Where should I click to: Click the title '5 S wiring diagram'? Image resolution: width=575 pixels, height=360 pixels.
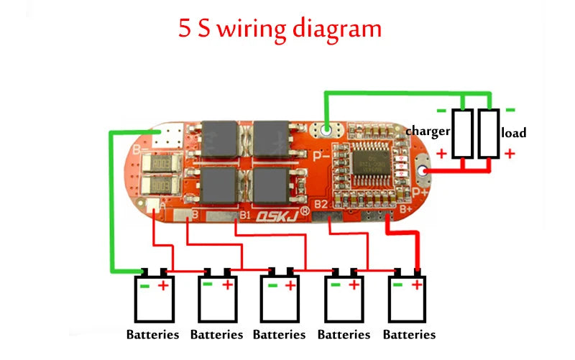pyautogui.click(x=280, y=29)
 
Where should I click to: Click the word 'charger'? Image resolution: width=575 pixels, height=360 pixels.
pyautogui.click(x=428, y=131)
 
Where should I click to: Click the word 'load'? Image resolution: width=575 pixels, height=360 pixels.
pyautogui.click(x=514, y=133)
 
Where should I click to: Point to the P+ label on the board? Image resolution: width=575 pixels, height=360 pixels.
pyautogui.click(x=420, y=192)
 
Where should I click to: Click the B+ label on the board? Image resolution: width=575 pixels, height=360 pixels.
pyautogui.click(x=405, y=209)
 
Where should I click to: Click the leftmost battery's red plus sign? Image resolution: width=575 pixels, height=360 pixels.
pyautogui.click(x=163, y=286)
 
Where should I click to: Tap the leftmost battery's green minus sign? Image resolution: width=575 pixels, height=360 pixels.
pyautogui.click(x=144, y=286)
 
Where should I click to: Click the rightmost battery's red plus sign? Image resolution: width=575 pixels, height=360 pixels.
pyautogui.click(x=416, y=285)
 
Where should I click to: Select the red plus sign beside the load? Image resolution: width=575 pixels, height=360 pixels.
pyautogui.click(x=510, y=153)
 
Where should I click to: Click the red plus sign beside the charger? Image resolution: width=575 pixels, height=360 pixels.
pyautogui.click(x=441, y=153)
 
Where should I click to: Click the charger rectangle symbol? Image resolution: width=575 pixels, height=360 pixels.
pyautogui.click(x=463, y=134)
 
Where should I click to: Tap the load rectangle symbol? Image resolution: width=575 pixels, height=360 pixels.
pyautogui.click(x=489, y=134)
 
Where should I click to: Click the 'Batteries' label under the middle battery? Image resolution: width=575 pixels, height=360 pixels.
pyautogui.click(x=280, y=335)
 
